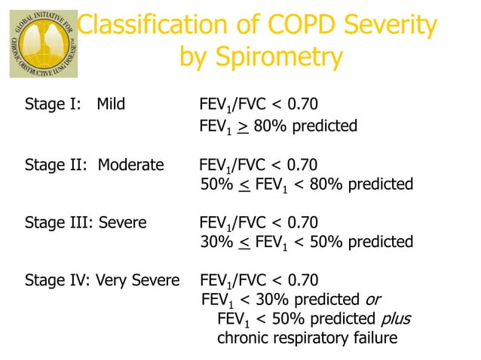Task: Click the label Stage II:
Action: (55, 164)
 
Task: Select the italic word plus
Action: (397, 319)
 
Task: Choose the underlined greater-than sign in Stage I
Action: (243, 125)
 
